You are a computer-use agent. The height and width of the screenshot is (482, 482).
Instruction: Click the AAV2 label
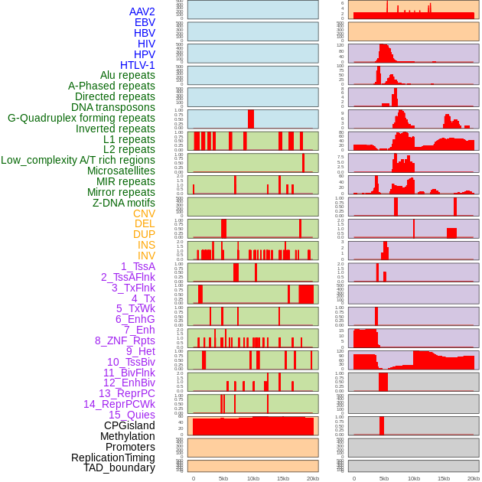coord(142,11)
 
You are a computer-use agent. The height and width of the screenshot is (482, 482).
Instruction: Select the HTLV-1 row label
coord(137,65)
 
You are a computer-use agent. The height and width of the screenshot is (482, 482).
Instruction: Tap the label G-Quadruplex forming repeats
coord(81,118)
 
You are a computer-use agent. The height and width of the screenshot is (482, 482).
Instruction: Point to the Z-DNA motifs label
coord(123,203)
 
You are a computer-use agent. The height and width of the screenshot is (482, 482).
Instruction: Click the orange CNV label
coord(144,213)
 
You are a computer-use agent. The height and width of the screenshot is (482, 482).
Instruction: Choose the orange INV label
coord(146,256)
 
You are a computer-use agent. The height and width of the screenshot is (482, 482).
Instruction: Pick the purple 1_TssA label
coord(138,266)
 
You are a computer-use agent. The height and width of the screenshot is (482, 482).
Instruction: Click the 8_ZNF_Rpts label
coord(125,340)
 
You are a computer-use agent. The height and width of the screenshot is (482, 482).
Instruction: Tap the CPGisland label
coord(129,425)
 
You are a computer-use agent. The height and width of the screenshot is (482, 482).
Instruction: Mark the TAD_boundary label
coord(119,467)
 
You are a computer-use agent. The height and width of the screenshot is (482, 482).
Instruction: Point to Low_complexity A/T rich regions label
coord(78,160)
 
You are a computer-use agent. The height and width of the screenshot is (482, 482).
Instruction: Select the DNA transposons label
coord(113,107)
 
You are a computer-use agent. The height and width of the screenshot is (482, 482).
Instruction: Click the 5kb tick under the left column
coord(223,478)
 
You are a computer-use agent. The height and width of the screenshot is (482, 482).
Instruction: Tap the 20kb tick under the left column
coord(312,478)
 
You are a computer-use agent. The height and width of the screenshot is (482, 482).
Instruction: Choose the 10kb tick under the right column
coord(414,478)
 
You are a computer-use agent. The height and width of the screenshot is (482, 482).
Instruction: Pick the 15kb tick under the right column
coord(444,478)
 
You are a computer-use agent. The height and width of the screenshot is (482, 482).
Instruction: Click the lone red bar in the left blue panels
coord(250,119)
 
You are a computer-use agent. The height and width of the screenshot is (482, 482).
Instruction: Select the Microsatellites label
coord(121,171)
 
